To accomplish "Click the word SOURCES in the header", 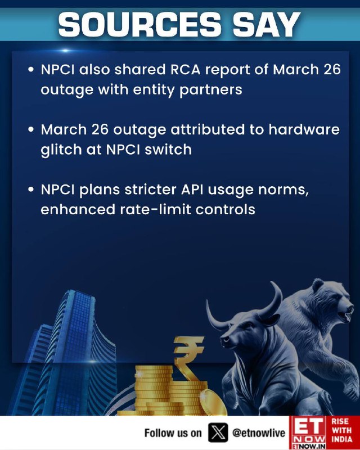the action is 140,24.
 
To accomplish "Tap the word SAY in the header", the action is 267,24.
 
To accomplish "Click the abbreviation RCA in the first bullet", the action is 185,70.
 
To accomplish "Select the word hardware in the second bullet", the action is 304,129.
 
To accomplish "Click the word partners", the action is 211,90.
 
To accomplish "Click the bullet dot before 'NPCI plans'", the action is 31,190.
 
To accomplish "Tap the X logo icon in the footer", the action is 218,433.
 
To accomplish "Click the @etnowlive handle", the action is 259,433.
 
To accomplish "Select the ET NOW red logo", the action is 308,433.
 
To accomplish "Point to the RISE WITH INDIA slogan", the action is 342,430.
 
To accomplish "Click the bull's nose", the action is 226,341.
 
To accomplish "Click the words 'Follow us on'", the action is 173,433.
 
